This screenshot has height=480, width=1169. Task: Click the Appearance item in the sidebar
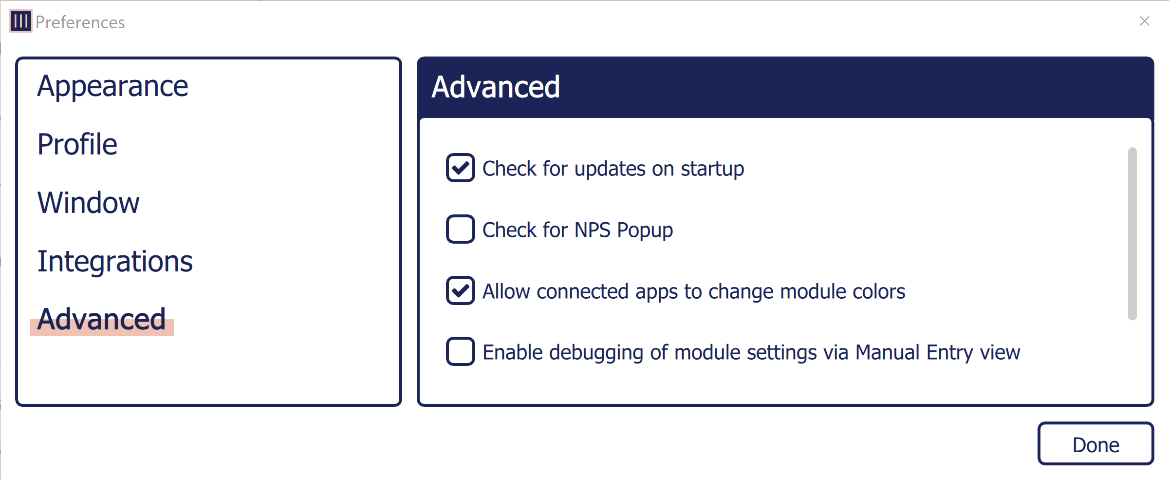coord(112,87)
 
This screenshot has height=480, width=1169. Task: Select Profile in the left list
coord(77,145)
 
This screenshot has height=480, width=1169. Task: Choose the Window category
coord(89,203)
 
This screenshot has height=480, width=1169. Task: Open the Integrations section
coord(115,261)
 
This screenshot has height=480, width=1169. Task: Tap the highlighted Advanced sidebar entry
coord(102,320)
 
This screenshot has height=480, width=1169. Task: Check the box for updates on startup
coord(460,168)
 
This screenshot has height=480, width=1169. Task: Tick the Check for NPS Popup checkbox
coord(460,229)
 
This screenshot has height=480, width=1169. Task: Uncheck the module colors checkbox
coord(460,290)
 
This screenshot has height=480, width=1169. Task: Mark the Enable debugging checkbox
coord(460,351)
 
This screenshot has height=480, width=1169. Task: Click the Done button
coord(1095,444)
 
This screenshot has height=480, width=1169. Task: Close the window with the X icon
coord(1145,21)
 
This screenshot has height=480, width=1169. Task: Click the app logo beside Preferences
coord(21,21)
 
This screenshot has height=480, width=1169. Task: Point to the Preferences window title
coord(80,22)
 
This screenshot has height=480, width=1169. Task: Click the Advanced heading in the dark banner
coord(496,87)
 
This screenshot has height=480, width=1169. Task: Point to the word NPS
coord(592,230)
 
